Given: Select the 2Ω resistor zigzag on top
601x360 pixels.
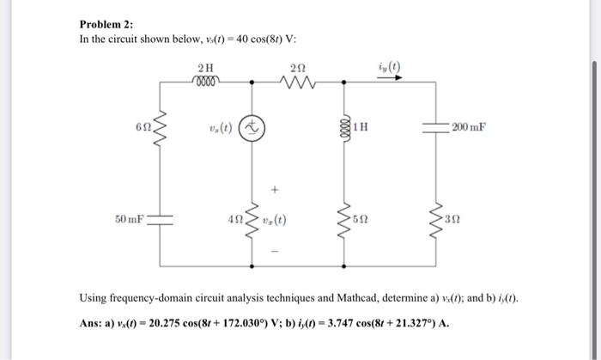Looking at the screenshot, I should pyautogui.click(x=297, y=83).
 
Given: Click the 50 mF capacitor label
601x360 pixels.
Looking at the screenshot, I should pyautogui.click(x=130, y=219).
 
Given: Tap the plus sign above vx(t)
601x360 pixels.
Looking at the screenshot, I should pyautogui.click(x=276, y=185).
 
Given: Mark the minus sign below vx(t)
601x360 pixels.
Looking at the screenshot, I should pyautogui.click(x=276, y=251).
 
